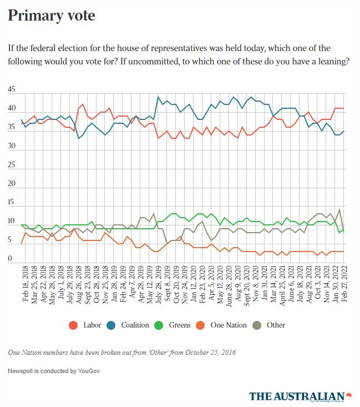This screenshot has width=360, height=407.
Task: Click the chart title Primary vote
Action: [x=51, y=16]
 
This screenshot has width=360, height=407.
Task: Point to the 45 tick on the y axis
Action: [x=12, y=89]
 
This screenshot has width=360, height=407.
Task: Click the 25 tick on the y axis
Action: [x=12, y=165]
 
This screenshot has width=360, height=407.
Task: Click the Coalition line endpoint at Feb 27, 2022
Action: [x=344, y=131]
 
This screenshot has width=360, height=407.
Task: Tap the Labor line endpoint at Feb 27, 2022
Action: [x=344, y=108]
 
